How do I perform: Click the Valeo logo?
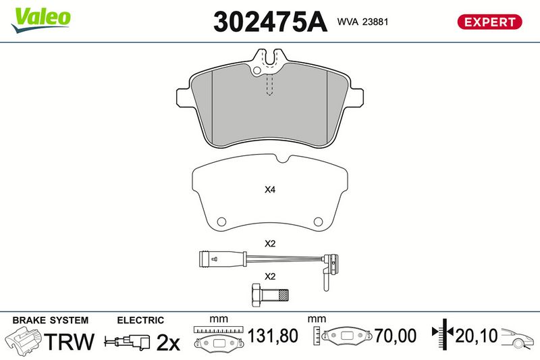pos(40,20)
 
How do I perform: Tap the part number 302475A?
pos(270,22)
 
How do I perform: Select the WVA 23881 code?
pos(362,22)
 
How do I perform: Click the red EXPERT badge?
pos(489,22)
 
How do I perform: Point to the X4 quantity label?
pos(270,190)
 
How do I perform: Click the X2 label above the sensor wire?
pos(270,244)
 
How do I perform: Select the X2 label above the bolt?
pos(270,276)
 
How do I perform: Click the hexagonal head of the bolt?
pos(256,296)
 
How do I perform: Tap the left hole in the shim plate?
pos(221,221)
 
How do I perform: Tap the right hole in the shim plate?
pos(318,221)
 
